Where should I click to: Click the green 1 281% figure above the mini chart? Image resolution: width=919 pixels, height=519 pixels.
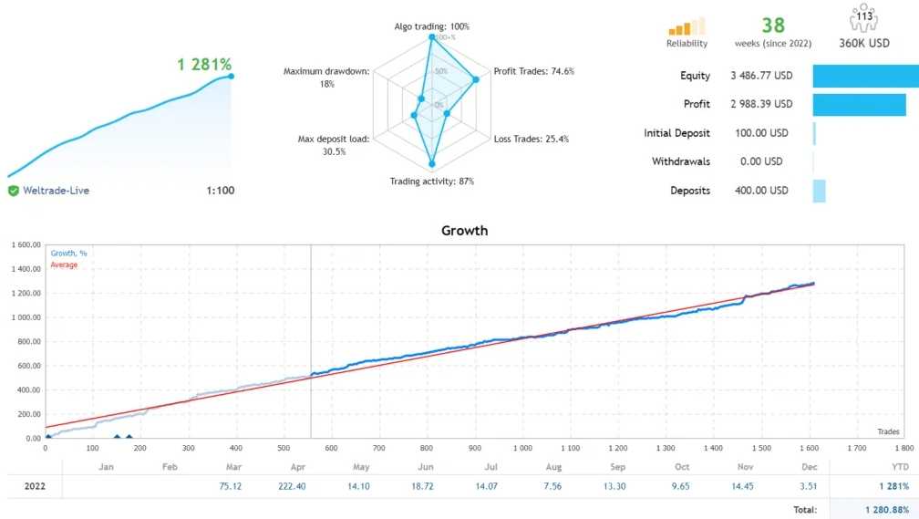(204, 65)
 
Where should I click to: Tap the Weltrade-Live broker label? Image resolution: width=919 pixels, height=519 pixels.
(56, 191)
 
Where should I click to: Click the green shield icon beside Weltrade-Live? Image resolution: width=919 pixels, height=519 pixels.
(14, 191)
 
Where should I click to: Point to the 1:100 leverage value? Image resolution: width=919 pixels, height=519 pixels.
(220, 191)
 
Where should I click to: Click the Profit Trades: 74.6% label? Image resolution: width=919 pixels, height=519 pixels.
(533, 71)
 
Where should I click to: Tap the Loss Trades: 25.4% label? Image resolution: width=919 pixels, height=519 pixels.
(531, 140)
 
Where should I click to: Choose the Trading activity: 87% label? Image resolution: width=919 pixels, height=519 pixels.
(431, 182)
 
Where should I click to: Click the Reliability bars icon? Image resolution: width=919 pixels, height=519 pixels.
(687, 26)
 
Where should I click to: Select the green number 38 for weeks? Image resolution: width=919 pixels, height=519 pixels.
(773, 24)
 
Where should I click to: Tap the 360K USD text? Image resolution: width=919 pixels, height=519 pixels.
(864, 43)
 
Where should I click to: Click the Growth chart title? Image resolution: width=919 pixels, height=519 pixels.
(464, 231)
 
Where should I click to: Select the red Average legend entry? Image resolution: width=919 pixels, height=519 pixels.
(64, 265)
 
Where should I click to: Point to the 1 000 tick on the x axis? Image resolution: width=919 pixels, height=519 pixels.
(521, 449)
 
